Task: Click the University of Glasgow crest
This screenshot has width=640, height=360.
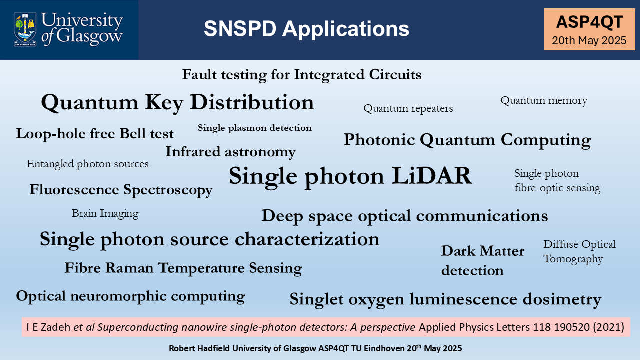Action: (25, 29)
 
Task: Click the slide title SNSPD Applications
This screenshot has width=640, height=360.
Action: (306, 29)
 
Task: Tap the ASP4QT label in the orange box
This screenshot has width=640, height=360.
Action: (589, 22)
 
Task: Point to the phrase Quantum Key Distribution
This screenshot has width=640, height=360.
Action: (177, 102)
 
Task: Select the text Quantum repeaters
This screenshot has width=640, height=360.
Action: (408, 109)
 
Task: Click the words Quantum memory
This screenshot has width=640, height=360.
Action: (544, 101)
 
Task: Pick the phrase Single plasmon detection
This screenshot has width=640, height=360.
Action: (255, 128)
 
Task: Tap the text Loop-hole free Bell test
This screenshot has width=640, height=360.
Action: (95, 133)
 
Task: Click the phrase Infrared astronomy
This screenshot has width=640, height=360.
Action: (231, 152)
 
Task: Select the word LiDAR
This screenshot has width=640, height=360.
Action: (431, 176)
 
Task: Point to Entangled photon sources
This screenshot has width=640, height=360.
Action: (87, 164)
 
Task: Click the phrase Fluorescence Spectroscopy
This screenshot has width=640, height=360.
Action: (121, 190)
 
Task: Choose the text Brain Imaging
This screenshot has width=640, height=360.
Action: (105, 213)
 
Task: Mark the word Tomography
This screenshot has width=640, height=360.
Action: (573, 259)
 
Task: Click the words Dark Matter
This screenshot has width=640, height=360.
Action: (483, 251)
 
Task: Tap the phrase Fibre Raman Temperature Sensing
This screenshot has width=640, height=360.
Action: (183, 268)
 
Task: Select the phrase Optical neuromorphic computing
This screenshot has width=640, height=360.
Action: (130, 296)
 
